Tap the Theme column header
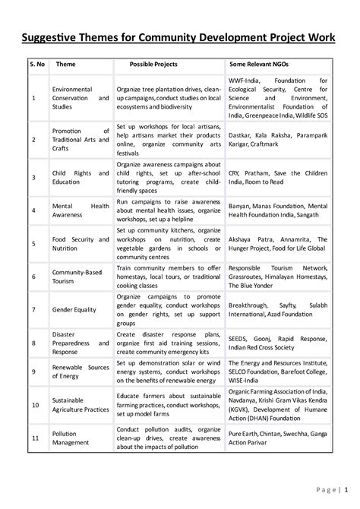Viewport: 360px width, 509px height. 65,65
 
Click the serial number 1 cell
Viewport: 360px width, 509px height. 33,98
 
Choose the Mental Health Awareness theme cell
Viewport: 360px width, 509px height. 80,210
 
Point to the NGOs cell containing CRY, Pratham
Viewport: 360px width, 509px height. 277,177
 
